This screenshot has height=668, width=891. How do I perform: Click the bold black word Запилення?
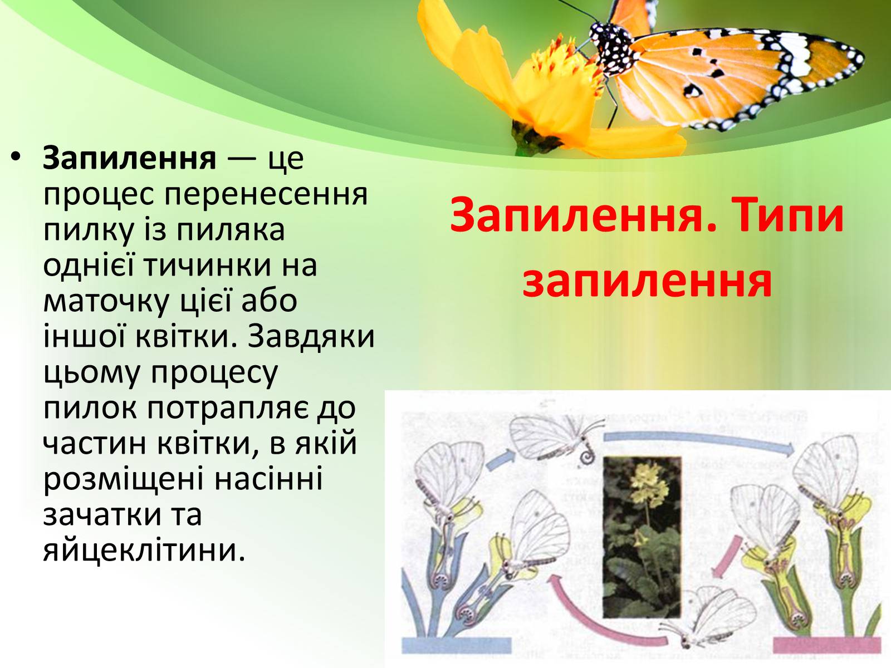130,159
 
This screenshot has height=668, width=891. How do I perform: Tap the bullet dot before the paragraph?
16,158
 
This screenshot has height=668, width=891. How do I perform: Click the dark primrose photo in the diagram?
642,537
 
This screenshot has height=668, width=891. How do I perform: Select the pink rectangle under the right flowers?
828,645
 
